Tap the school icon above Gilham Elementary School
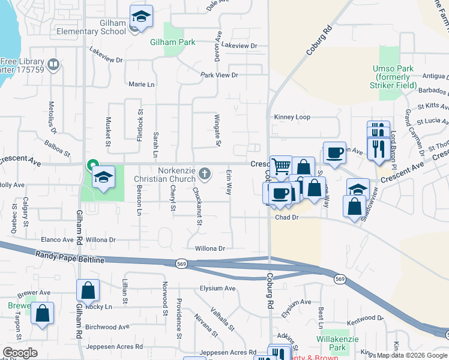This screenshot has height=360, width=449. pyautogui.click(x=141, y=16)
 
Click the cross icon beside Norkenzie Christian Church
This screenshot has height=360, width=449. pyautogui.click(x=204, y=174)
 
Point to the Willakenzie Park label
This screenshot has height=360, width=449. pyautogui.click(x=333, y=343)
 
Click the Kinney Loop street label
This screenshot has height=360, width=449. pyautogui.click(x=292, y=117)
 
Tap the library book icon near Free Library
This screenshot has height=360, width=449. pyautogui.click(x=53, y=64)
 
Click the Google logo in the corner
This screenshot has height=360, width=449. pyautogui.click(x=20, y=353)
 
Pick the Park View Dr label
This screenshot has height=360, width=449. pyautogui.click(x=219, y=75)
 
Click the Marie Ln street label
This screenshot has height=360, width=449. pyautogui.click(x=141, y=85)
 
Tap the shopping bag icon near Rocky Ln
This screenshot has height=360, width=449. pyautogui.click(x=88, y=290)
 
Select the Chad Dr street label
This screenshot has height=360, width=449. pyautogui.click(x=286, y=218)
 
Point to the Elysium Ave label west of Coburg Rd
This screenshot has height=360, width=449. pyautogui.click(x=217, y=289)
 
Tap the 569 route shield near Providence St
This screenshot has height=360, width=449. pyautogui.click(x=181, y=263)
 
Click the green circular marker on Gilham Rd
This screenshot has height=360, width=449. pyautogui.click(x=92, y=164)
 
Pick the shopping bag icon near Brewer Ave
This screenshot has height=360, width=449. pyautogui.click(x=42, y=313)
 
